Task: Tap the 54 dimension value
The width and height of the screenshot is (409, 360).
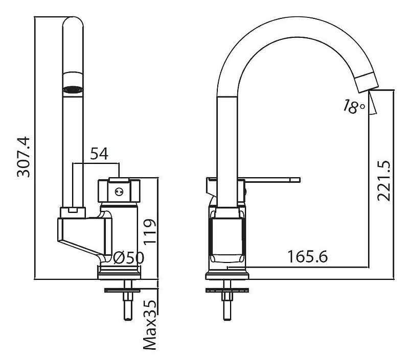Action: tap(99, 154)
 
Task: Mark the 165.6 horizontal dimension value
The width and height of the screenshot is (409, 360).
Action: tap(307, 256)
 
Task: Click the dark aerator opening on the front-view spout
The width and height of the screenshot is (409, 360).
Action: tap(73, 90)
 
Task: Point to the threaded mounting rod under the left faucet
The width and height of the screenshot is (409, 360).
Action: tap(126, 306)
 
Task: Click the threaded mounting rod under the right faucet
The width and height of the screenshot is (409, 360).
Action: tap(227, 306)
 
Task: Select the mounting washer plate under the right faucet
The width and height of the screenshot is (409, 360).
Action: tap(228, 291)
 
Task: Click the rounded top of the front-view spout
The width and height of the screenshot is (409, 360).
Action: tap(73, 23)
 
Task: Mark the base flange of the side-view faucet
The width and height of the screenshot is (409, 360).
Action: tap(228, 276)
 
